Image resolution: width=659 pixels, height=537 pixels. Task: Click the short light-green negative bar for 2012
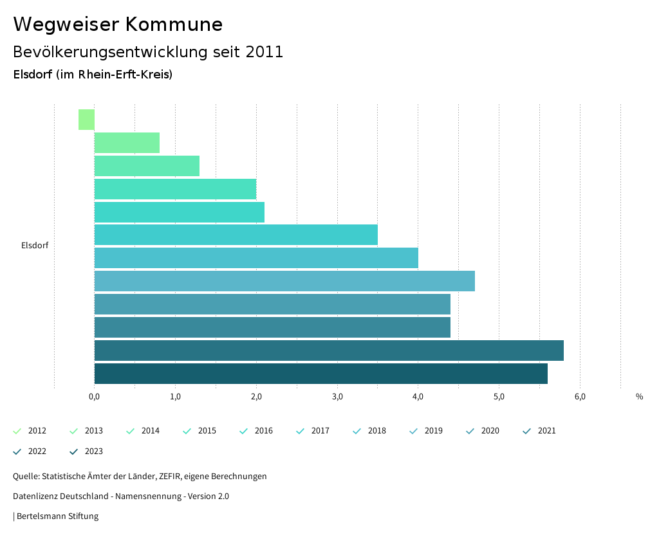coord(86,120)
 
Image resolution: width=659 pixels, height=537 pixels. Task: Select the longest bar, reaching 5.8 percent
coord(329,350)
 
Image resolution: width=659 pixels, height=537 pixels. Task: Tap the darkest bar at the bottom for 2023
coord(320,374)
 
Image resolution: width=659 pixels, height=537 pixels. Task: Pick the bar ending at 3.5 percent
coord(236,235)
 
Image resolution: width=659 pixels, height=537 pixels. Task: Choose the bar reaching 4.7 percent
coord(284,281)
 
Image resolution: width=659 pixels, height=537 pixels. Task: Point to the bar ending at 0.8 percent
coord(127,143)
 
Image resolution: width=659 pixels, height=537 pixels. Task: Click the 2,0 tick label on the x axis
coord(256,396)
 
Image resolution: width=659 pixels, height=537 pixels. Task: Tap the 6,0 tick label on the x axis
coord(580,396)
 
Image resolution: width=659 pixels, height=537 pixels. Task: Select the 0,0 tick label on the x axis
coord(94,396)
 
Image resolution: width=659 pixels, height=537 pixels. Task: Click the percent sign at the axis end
coord(639,397)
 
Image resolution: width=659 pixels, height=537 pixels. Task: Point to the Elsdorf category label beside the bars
coord(35,245)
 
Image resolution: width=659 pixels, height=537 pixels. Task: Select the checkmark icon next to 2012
coord(17,431)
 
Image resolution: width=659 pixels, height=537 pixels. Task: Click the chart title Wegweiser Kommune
coord(118,24)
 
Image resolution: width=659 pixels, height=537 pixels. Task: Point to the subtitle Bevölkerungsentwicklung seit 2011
coord(148,52)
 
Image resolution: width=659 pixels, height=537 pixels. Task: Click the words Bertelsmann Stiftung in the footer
coord(57,516)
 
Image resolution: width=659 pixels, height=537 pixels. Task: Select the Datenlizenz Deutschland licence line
coord(121,496)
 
